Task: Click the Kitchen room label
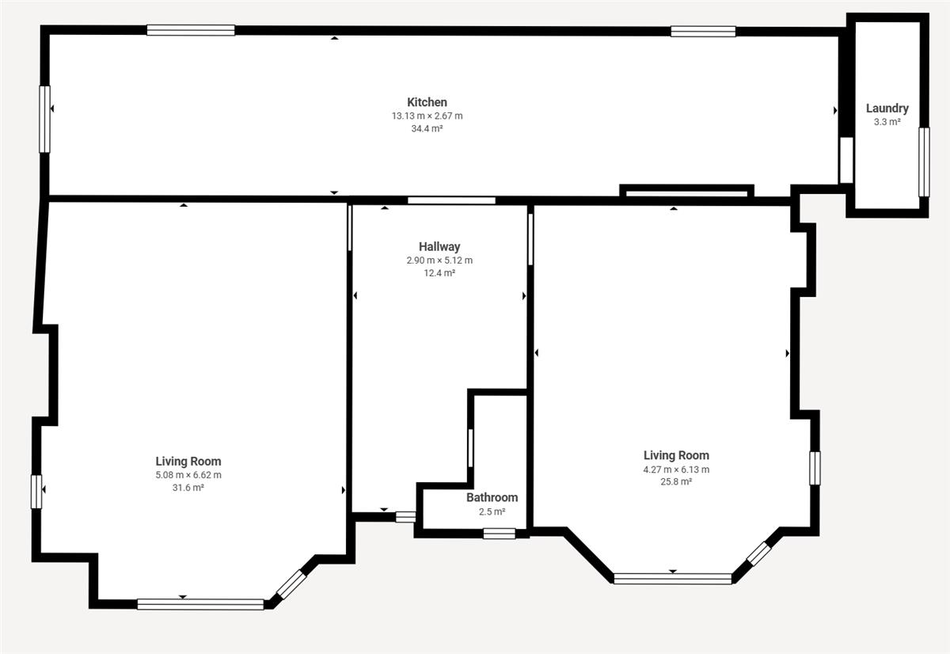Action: coord(427,102)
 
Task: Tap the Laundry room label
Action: coord(887,108)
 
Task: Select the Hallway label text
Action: coord(439,246)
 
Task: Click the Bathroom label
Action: coord(492,497)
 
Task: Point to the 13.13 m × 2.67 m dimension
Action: coord(427,116)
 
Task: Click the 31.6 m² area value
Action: coord(188,487)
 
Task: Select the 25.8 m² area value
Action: coord(676,481)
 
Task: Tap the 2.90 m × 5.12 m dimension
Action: coord(439,260)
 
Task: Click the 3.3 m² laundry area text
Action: coord(887,122)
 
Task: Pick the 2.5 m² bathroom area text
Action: coord(492,511)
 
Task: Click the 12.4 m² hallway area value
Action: coord(439,272)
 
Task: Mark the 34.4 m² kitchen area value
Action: coord(427,128)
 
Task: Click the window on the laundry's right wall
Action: coord(924,162)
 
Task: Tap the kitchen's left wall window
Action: coord(44,120)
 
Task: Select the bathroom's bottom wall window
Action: coord(500,534)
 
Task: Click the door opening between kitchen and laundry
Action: coord(846,160)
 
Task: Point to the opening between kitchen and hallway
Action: coord(452,200)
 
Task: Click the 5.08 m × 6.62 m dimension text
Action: coord(188,474)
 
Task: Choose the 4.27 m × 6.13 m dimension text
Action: coord(676,469)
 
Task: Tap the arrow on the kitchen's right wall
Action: coord(835,110)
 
